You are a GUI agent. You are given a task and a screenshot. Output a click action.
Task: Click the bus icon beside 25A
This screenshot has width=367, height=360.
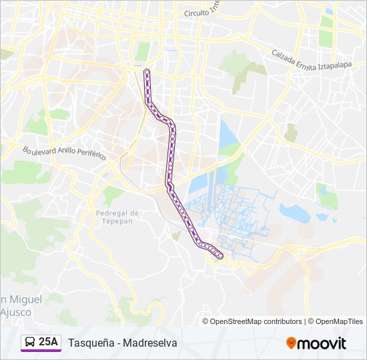pos(29,343)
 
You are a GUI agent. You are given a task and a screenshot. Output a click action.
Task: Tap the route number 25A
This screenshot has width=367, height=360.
pos(49,342)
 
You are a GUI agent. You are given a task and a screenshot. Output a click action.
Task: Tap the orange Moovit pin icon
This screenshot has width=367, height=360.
pos(291,343)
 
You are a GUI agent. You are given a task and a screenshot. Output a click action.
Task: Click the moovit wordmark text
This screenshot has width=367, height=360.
pos(322,343)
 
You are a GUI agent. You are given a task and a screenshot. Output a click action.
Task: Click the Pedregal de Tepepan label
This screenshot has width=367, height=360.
pos(117,217)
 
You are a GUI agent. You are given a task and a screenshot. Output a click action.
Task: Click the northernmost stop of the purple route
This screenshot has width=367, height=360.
pos(147,71)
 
